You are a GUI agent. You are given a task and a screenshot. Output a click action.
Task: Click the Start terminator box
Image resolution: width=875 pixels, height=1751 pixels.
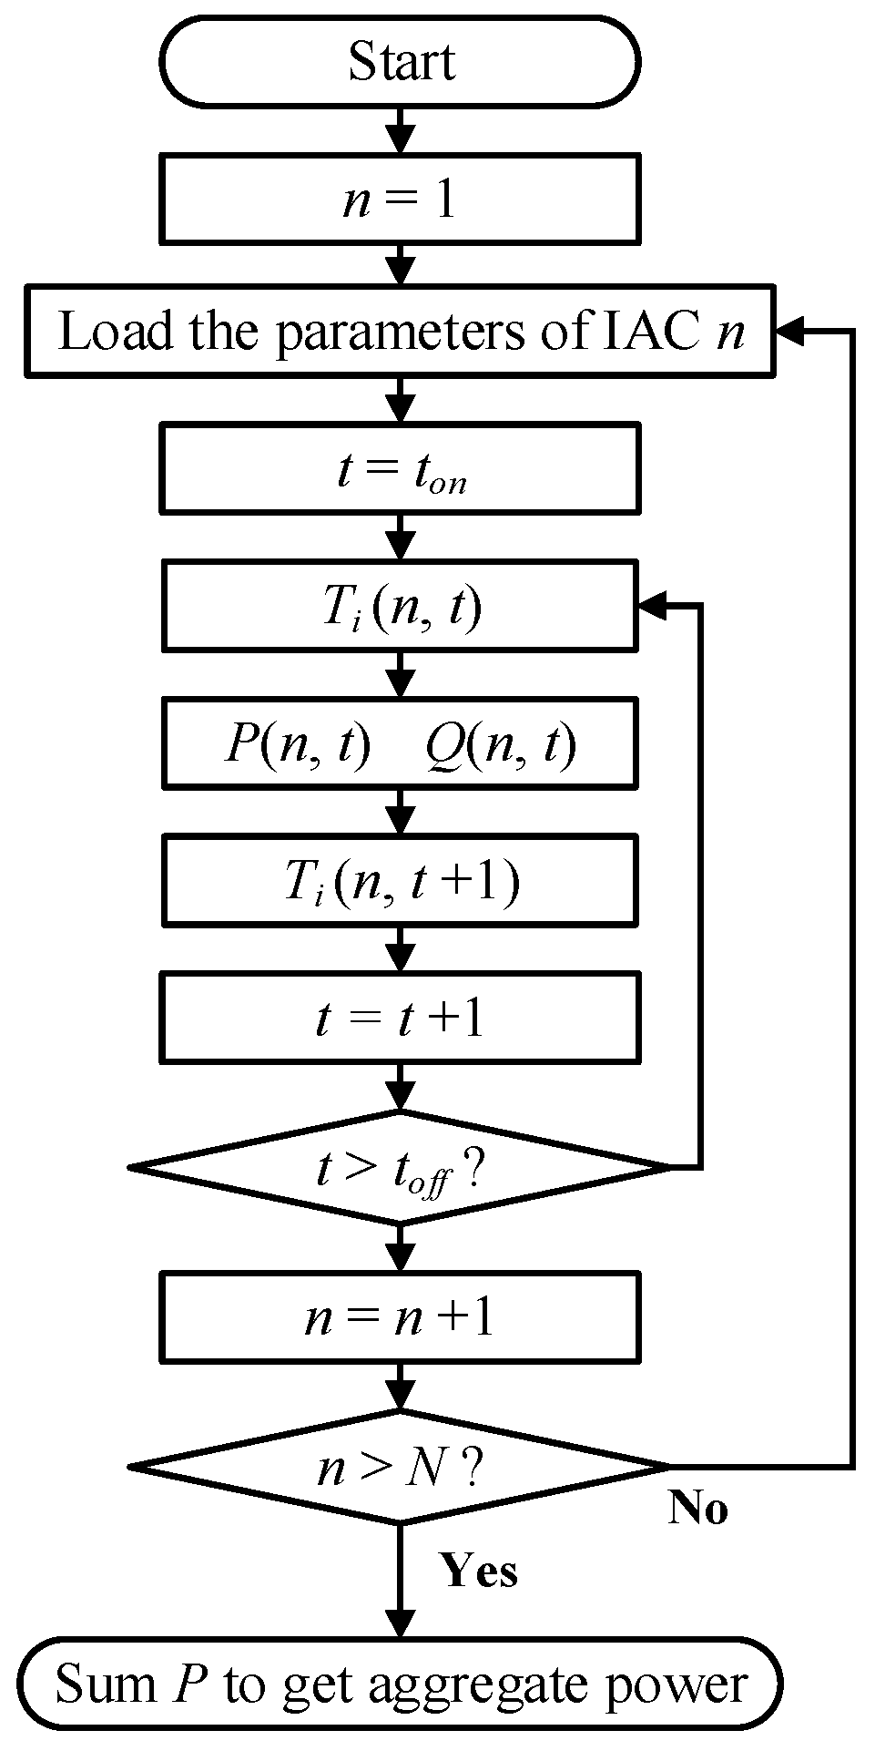coord(401,62)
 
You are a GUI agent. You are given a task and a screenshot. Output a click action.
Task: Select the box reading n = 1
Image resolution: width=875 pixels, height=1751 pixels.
coord(401,199)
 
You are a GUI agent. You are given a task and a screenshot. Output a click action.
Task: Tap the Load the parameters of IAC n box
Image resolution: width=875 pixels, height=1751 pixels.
coord(401,332)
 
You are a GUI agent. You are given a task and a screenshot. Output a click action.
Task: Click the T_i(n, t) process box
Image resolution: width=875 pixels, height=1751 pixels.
coord(401,607)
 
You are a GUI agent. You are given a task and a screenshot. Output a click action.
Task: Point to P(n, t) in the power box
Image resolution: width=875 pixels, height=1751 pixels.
coord(299,745)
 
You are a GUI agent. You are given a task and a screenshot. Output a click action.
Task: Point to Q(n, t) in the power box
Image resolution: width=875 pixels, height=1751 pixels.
coord(501,745)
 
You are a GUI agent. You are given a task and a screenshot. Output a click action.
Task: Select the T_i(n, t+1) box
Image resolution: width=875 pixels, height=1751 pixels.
coord(401,881)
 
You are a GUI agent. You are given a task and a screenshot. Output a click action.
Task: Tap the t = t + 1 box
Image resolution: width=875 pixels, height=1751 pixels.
coord(401,1017)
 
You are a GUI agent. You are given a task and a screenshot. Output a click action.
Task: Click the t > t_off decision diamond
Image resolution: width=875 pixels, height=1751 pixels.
coord(401,1167)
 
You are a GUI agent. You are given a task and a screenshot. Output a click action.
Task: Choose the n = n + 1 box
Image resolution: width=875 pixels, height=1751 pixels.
coord(401,1317)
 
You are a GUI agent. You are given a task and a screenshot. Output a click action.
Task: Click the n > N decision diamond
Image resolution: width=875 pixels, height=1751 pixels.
coord(401,1466)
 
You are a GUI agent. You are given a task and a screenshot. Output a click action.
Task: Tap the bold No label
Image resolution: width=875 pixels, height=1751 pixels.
coord(698,1509)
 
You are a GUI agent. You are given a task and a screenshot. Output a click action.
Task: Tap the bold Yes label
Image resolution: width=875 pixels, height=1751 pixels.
coord(479,1571)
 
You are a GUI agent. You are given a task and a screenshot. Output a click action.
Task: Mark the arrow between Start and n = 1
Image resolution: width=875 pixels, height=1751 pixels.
coord(401,130)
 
